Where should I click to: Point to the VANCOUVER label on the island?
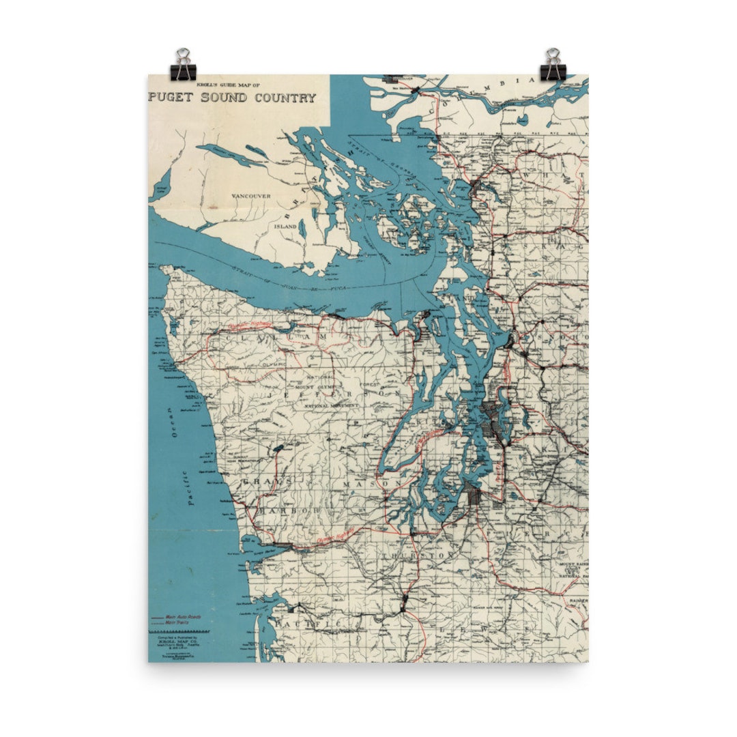251,197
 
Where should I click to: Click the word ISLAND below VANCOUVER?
285,226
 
